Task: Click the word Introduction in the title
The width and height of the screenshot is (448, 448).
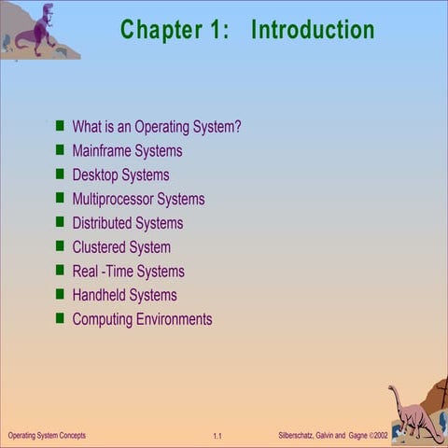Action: coord(313,29)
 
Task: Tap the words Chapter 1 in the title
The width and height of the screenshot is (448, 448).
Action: coord(174,29)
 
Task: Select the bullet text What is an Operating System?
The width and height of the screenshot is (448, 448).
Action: coord(157,127)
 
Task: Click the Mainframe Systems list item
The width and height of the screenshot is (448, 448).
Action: coord(127,150)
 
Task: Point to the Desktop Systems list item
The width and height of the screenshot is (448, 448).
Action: coord(120,175)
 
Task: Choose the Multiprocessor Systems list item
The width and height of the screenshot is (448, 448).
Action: coord(138,199)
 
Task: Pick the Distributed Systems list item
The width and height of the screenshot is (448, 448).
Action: coord(127,223)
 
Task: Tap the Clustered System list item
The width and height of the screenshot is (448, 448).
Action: coord(121,247)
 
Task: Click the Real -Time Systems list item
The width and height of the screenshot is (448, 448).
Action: coord(128,272)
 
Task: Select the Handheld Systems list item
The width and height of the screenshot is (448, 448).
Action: coord(124,295)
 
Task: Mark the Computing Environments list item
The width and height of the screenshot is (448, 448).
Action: coord(142,319)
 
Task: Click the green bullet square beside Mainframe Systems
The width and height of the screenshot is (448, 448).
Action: coord(60,149)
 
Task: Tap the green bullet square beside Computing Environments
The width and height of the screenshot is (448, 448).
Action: coord(60,318)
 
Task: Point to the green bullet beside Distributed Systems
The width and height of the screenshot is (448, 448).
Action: coord(60,222)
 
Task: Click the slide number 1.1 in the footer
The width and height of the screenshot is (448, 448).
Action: coord(217,437)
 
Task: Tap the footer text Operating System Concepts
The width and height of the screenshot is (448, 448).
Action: coord(47,436)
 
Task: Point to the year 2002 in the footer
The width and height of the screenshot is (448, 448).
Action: coord(380,436)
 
